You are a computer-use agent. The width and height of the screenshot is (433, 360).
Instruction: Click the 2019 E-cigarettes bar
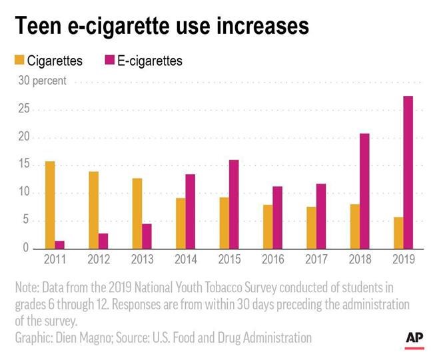[408, 172]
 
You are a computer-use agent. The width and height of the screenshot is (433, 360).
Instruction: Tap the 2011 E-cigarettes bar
[60, 244]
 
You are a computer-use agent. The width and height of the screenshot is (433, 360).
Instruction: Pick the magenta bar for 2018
[364, 191]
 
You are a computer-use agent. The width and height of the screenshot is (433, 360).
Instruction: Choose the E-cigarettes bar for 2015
[234, 204]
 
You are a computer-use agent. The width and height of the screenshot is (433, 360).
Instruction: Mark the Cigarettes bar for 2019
[398, 232]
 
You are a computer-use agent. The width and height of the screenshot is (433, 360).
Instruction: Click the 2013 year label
[143, 260]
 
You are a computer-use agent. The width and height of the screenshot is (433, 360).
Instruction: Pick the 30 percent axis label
[41, 81]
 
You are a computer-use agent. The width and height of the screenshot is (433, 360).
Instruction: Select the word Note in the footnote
[27, 287]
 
